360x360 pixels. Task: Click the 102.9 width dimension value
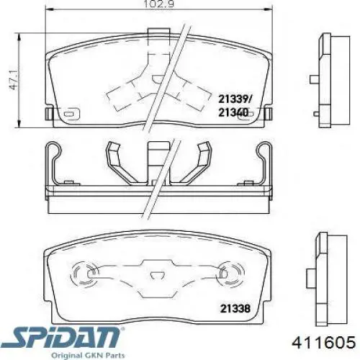coord(158,4)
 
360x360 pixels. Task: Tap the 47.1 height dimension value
coord(13,81)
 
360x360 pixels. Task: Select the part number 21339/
coord(235,99)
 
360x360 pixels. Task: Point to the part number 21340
coord(233,112)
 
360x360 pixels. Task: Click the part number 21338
coord(235,308)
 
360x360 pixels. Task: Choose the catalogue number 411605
coord(323,342)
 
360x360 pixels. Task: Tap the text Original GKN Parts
coord(88,356)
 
